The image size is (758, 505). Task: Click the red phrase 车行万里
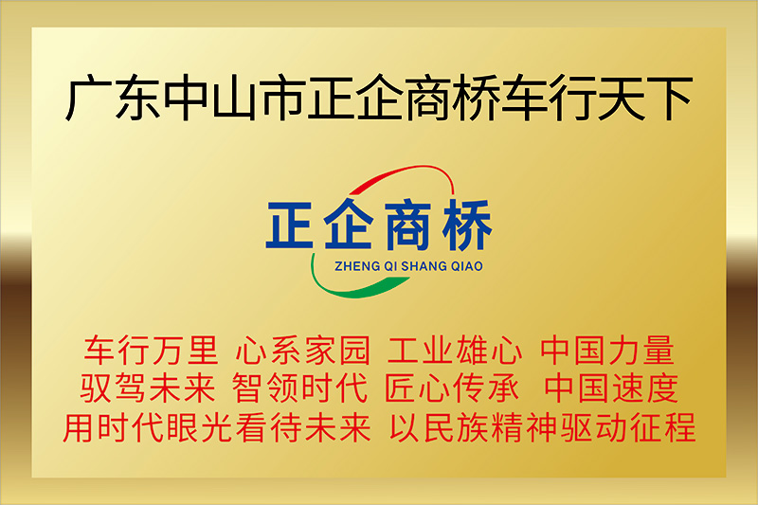point(150,350)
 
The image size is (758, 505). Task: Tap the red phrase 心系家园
point(302,350)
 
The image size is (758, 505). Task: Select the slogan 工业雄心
point(455,350)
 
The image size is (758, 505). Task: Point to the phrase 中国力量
point(607,350)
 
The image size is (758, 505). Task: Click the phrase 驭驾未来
point(148,388)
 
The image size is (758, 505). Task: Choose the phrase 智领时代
point(299,388)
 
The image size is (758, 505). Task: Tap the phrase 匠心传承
point(452,388)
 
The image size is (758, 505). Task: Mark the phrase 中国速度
point(611,388)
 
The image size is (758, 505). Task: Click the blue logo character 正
point(291,225)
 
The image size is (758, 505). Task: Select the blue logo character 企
point(348,225)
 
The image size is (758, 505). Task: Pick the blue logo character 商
point(407,225)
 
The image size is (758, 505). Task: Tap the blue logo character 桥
point(466,225)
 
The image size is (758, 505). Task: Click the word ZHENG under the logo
point(351,266)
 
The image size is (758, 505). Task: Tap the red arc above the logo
point(406,171)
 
